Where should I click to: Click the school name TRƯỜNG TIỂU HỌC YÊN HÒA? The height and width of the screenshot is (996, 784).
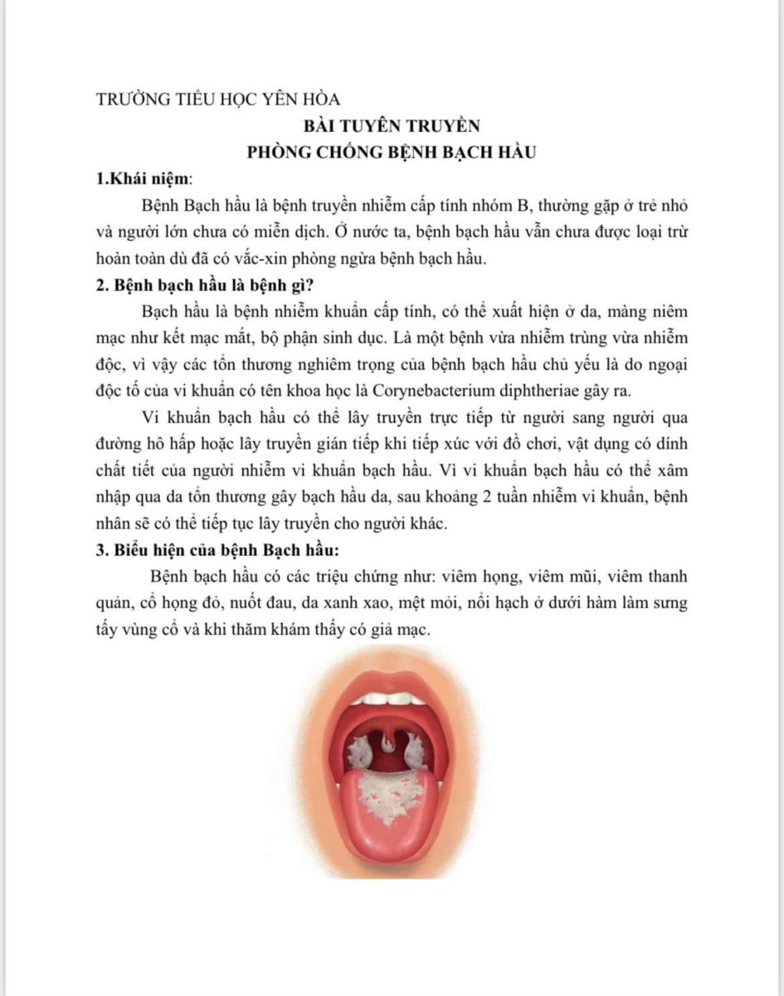click(218, 100)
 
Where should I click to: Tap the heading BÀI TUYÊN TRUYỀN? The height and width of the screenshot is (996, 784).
click(392, 126)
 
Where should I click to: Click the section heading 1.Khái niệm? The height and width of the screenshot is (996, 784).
click(144, 178)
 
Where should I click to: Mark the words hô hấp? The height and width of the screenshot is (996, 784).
click(166, 443)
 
